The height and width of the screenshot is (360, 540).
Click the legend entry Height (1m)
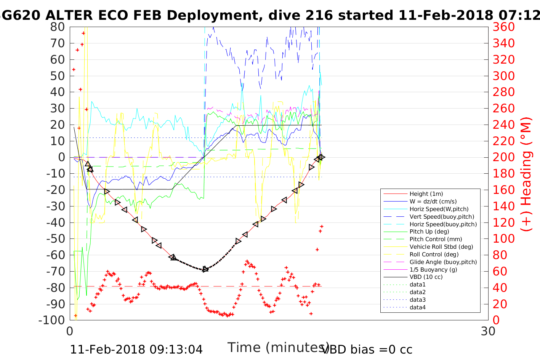426,194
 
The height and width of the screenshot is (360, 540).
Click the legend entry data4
417,307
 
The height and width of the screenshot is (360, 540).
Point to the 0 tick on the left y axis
61,157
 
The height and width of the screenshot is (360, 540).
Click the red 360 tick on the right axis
503,27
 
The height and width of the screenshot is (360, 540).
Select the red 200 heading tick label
503,157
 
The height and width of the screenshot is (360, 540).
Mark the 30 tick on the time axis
488,331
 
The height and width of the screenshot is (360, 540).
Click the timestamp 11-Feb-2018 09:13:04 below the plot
136,349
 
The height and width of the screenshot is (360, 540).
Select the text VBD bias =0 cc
367,349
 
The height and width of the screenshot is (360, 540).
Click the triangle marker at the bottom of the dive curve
205,269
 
